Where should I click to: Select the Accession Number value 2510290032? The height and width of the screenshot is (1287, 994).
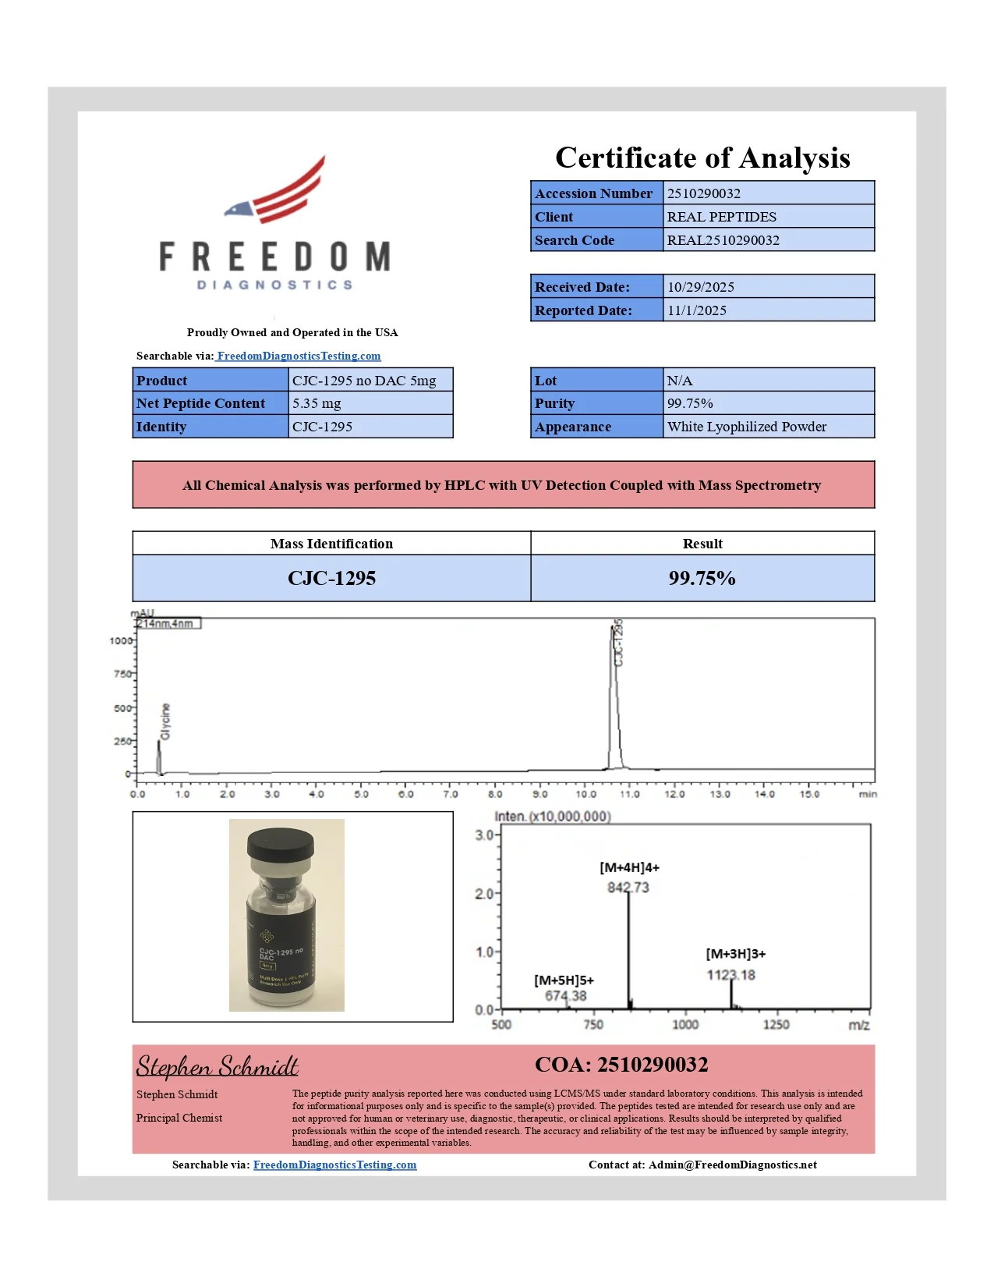(703, 193)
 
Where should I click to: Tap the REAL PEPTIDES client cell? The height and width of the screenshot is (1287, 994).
(721, 217)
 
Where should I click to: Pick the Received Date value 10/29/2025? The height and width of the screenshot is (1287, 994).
(700, 287)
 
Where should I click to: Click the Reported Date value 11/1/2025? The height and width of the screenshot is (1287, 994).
(696, 310)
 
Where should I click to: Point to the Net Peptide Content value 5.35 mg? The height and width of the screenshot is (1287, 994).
(317, 403)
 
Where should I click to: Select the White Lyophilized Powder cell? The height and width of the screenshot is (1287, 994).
(746, 427)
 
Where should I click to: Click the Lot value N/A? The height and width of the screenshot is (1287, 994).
(679, 381)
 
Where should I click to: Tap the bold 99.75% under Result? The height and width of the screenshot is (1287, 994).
(702, 578)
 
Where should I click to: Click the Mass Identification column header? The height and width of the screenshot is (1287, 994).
(331, 544)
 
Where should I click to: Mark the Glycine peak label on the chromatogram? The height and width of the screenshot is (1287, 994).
(165, 721)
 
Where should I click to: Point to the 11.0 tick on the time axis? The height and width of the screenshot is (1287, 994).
(629, 795)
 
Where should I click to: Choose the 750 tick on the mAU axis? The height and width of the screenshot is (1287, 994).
(122, 674)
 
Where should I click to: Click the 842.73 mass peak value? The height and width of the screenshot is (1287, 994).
(628, 888)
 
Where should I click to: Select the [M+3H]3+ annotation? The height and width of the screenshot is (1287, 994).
(735, 954)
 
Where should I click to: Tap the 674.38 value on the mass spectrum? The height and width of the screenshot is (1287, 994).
(565, 996)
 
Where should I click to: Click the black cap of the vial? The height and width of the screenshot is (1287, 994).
(280, 843)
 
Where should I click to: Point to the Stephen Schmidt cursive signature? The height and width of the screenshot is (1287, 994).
(218, 1066)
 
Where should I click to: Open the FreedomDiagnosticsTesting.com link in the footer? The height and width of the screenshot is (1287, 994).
(334, 1165)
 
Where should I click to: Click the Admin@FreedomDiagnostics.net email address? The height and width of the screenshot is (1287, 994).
(732, 1165)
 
